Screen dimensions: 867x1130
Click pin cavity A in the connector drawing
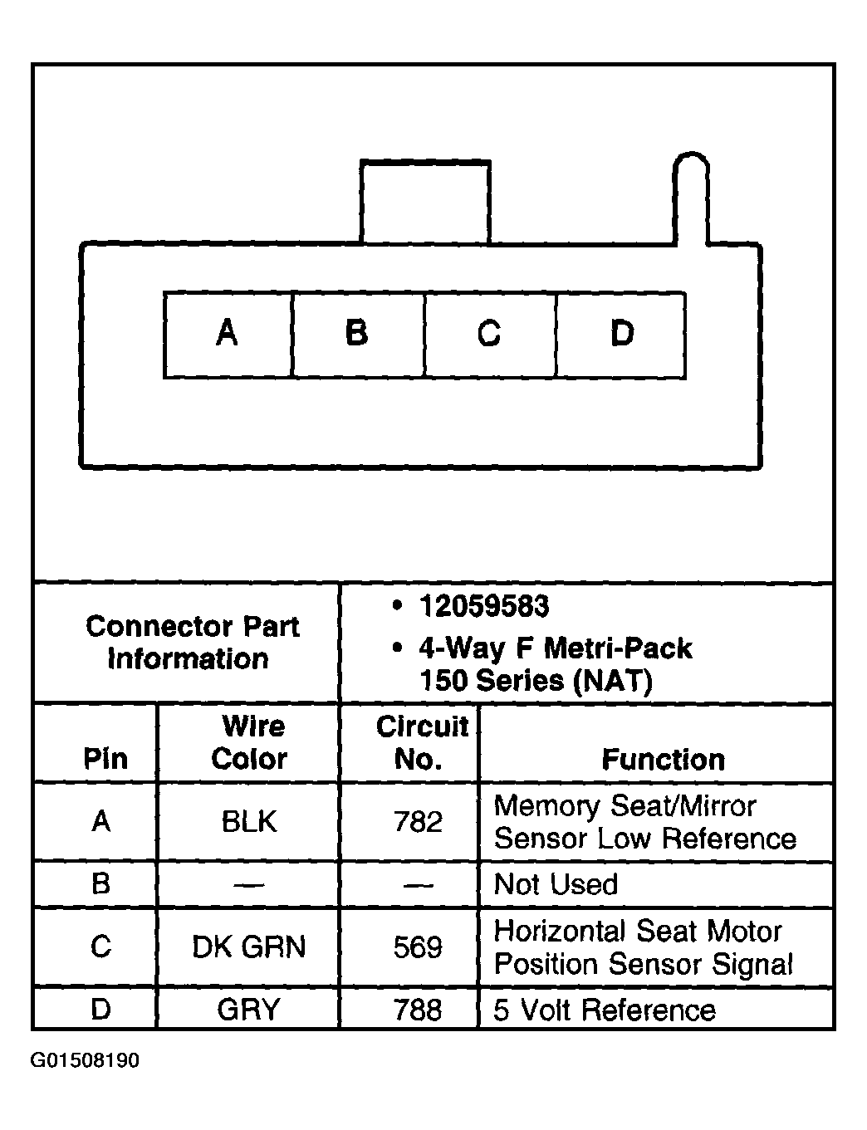[x=228, y=335]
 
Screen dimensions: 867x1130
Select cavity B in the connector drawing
[x=359, y=335]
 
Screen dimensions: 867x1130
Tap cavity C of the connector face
[x=490, y=335]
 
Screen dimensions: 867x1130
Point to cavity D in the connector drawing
[x=621, y=335]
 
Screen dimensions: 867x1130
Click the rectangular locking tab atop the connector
[x=425, y=202]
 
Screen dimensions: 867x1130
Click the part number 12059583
[x=483, y=607]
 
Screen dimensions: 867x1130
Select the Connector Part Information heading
[x=193, y=643]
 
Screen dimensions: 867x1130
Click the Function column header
[x=664, y=760]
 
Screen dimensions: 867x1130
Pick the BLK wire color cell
[x=249, y=822]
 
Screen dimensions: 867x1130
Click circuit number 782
[x=419, y=822]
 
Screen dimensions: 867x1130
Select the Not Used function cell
[x=556, y=884]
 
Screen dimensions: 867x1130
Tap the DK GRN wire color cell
[x=248, y=947]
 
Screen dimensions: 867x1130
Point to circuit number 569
[x=419, y=947]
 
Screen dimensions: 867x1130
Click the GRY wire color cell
[x=248, y=1010]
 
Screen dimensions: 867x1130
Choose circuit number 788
[x=419, y=1010]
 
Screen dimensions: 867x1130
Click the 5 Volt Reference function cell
[x=605, y=1010]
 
